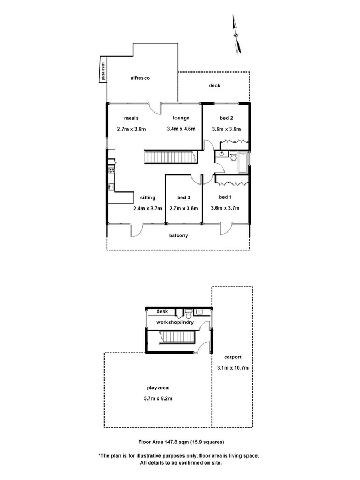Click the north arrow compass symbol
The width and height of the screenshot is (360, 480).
pos(236,35)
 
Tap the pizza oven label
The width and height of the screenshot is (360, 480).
pos(103,70)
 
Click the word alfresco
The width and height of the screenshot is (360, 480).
pos(140,78)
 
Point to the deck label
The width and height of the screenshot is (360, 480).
pos(214,86)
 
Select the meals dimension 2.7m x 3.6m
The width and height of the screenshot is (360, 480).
pos(131,129)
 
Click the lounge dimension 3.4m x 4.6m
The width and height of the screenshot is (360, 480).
pos(181,129)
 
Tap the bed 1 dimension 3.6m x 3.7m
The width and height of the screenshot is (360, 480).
pos(225,208)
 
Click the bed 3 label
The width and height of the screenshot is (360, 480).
pos(183,197)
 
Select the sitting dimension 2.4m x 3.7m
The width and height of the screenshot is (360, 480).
pos(147,208)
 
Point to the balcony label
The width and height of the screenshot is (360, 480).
pos(178,235)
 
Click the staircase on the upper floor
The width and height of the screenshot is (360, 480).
pos(168,158)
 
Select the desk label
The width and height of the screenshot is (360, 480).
pos(162,311)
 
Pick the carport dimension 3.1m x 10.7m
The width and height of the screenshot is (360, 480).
pos(233,367)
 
